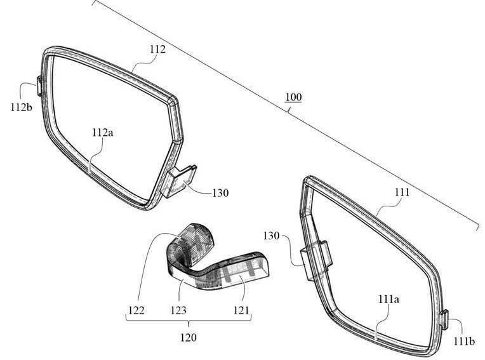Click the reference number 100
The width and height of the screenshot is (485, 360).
[x=293, y=97]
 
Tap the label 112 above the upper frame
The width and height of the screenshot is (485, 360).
[x=157, y=49]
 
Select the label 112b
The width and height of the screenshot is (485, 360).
[x=22, y=107]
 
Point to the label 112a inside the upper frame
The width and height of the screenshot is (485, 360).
[x=103, y=132]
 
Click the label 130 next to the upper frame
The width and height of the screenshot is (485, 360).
[x=220, y=193]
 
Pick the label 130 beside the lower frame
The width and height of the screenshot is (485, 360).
[x=271, y=236]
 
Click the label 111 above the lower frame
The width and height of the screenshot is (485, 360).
[x=402, y=192]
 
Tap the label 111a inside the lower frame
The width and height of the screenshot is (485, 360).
[x=389, y=299]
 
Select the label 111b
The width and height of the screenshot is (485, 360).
[x=464, y=341]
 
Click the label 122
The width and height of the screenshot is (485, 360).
[x=136, y=310]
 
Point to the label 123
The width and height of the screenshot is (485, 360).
[x=178, y=310]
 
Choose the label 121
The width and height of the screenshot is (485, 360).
[x=241, y=310]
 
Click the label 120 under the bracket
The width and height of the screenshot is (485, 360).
[x=189, y=337]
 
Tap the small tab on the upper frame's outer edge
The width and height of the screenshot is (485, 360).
[x=39, y=86]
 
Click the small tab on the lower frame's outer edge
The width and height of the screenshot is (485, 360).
[x=444, y=319]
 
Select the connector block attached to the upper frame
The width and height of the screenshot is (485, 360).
[x=178, y=181]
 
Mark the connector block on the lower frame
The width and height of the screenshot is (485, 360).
[x=316, y=260]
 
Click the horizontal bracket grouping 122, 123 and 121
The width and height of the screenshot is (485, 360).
[x=189, y=319]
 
